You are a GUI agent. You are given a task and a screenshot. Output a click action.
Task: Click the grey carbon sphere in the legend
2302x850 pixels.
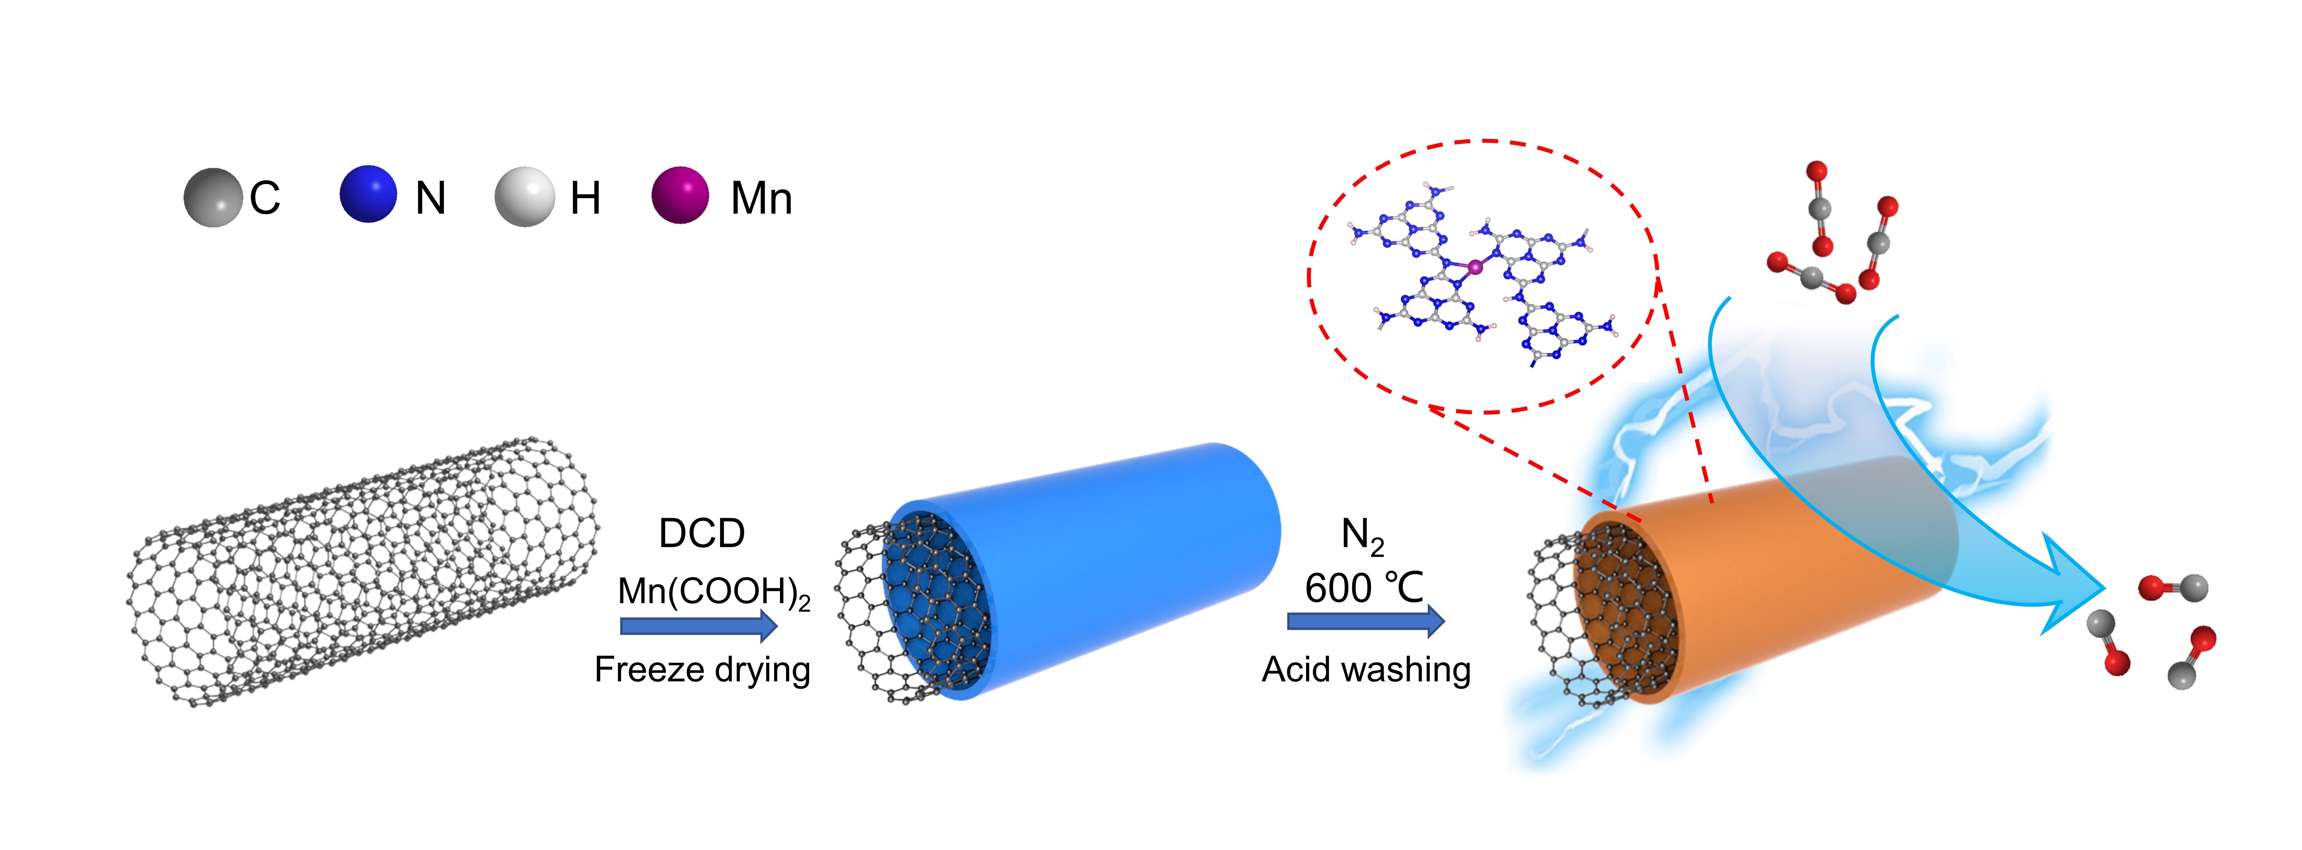[213, 197]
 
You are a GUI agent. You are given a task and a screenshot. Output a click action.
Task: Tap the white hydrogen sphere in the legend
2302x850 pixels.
[525, 197]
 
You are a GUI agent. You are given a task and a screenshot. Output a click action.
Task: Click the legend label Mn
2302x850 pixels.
[761, 198]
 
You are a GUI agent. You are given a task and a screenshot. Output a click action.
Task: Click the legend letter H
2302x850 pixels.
[585, 198]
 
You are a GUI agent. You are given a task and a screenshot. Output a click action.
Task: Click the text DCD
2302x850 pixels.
[702, 534]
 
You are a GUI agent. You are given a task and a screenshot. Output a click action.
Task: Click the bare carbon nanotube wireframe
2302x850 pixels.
[362, 572]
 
